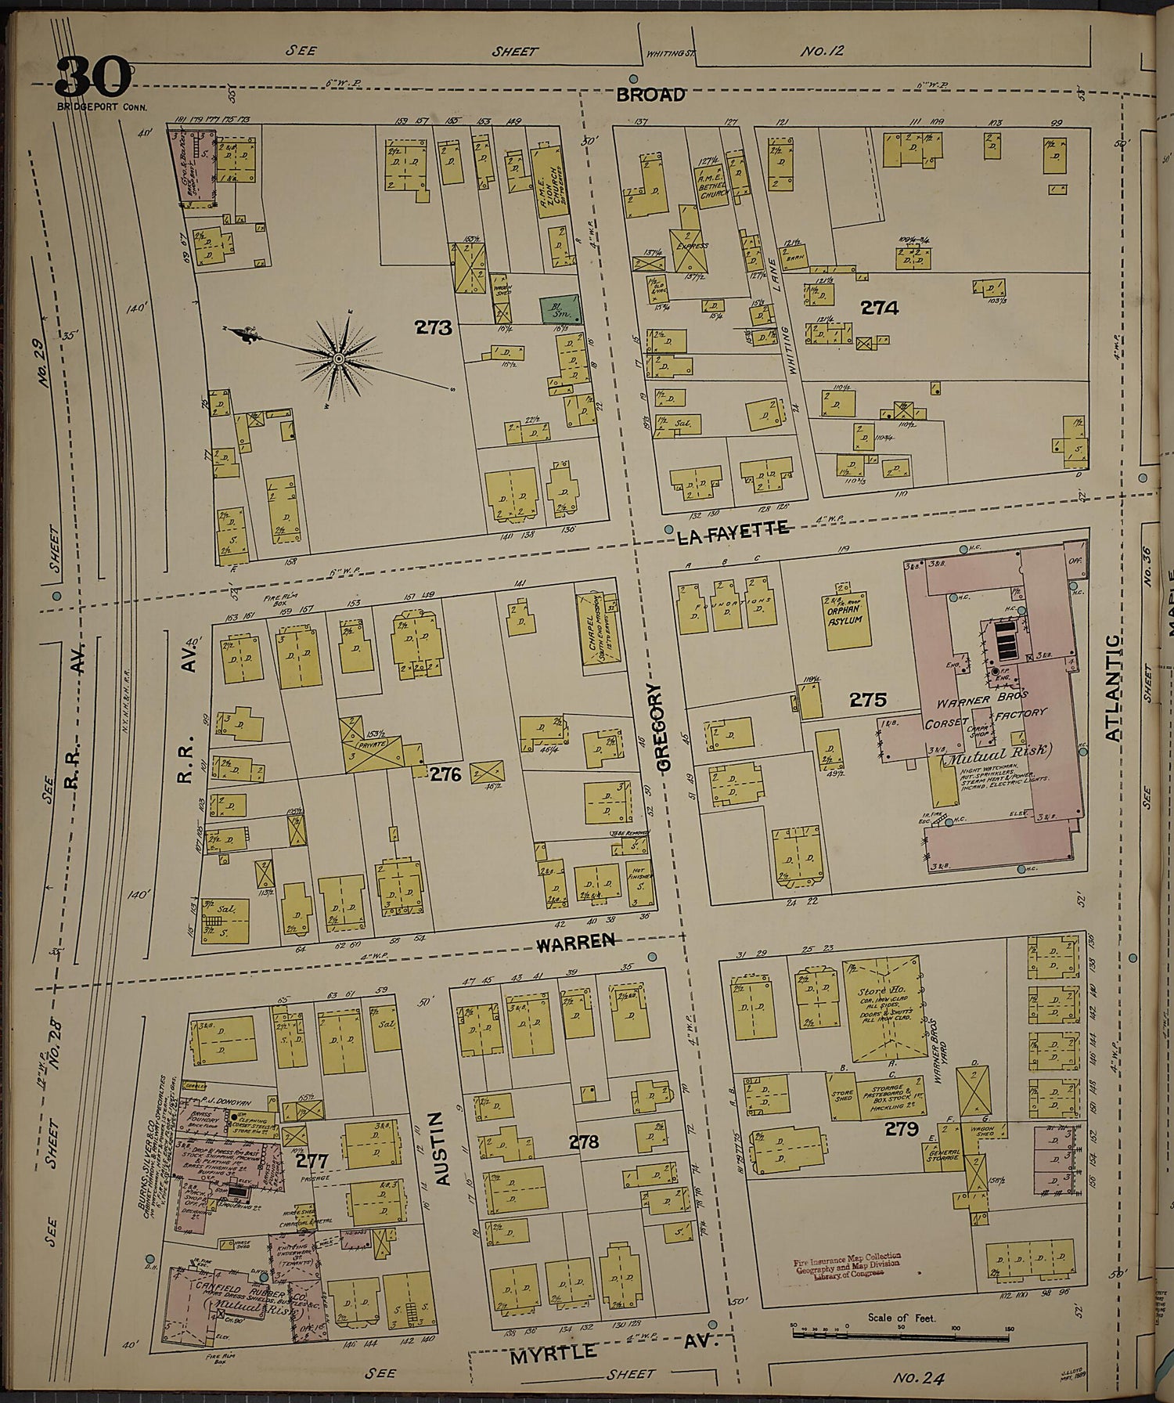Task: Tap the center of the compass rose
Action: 339,359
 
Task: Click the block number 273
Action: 434,327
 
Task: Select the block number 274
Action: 879,308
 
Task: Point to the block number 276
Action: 445,774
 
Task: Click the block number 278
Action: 584,1142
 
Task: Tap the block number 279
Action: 901,1128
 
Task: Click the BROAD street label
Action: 650,95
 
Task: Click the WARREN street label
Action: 575,943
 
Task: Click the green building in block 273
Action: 560,310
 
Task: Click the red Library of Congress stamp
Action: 846,1266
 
